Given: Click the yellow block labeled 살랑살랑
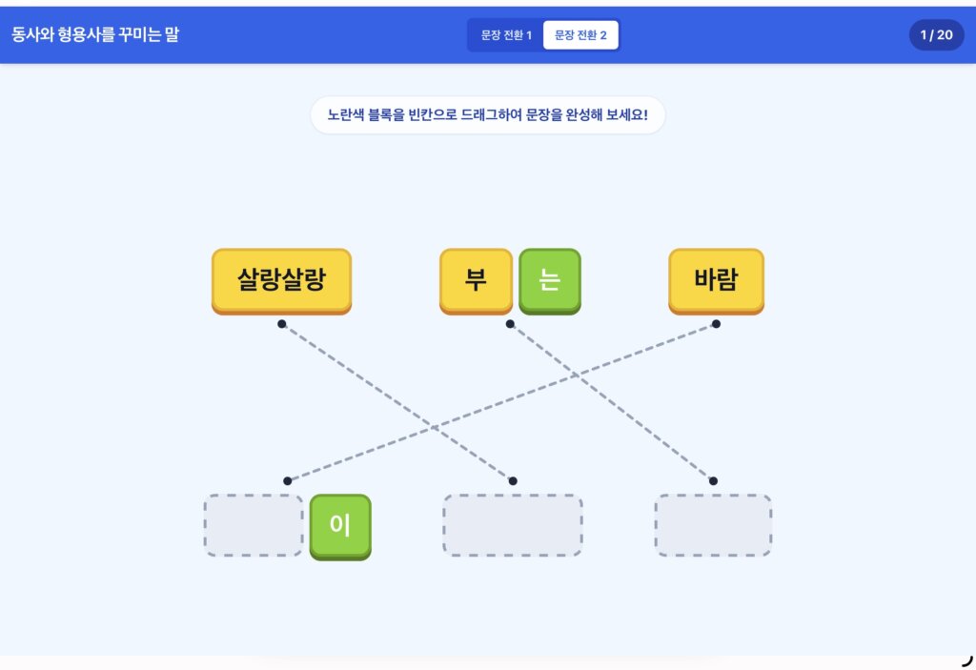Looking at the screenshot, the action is pyautogui.click(x=281, y=281).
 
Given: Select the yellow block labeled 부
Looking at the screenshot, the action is pyautogui.click(x=477, y=281).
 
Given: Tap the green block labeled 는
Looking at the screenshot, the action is pyautogui.click(x=550, y=281).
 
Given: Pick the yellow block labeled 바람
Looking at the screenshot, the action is pyautogui.click(x=716, y=281).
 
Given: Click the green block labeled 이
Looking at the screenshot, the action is pyautogui.click(x=340, y=527).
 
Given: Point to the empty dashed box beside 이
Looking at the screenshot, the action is pyautogui.click(x=254, y=525).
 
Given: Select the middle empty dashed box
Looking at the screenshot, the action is pyautogui.click(x=513, y=525).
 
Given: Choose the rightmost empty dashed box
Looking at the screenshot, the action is pyautogui.click(x=713, y=525).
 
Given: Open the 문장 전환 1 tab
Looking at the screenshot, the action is pyautogui.click(x=506, y=35).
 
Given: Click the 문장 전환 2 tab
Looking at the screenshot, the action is pyautogui.click(x=580, y=35).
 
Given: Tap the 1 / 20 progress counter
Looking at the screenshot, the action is pyautogui.click(x=936, y=35).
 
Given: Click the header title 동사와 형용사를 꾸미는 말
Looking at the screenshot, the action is pyautogui.click(x=95, y=34).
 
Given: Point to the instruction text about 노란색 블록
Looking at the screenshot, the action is pyautogui.click(x=488, y=114).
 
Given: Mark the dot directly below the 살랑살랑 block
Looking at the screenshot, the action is pyautogui.click(x=282, y=324).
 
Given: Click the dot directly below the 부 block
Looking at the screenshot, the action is pyautogui.click(x=511, y=324).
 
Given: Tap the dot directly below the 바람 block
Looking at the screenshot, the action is pyautogui.click(x=717, y=324).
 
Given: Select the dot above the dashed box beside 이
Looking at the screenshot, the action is pyautogui.click(x=287, y=480).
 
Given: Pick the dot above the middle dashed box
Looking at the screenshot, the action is pyautogui.click(x=513, y=480).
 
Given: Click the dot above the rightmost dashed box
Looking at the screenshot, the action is pyautogui.click(x=713, y=480).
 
